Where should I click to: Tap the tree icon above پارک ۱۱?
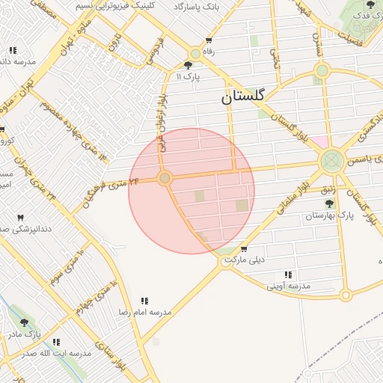point(188,65)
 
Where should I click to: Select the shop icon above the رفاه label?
point(209,41)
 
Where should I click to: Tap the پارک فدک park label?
point(363,16)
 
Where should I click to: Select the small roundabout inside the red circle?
point(165,179)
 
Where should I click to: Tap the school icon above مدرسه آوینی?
point(288,275)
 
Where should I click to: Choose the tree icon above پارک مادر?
point(24,323)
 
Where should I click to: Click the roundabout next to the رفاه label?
point(195,54)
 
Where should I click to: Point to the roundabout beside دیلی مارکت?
point(227,261)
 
